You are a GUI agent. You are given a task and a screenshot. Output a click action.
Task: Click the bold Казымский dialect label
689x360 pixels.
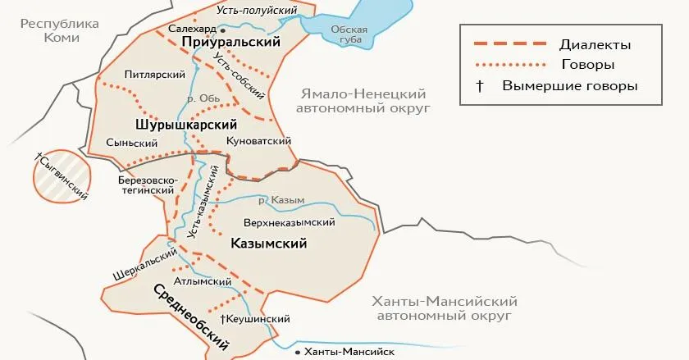pyautogui.click(x=269, y=243)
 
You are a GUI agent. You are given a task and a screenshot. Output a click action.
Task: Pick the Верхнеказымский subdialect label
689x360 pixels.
pyautogui.click(x=290, y=222)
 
